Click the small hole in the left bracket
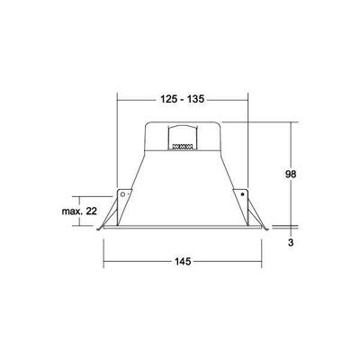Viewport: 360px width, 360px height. pyautogui.click(x=121, y=194)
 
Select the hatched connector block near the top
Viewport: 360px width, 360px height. pyautogui.click(x=183, y=142)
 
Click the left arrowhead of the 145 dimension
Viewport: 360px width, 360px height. pyautogui.click(x=106, y=262)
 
